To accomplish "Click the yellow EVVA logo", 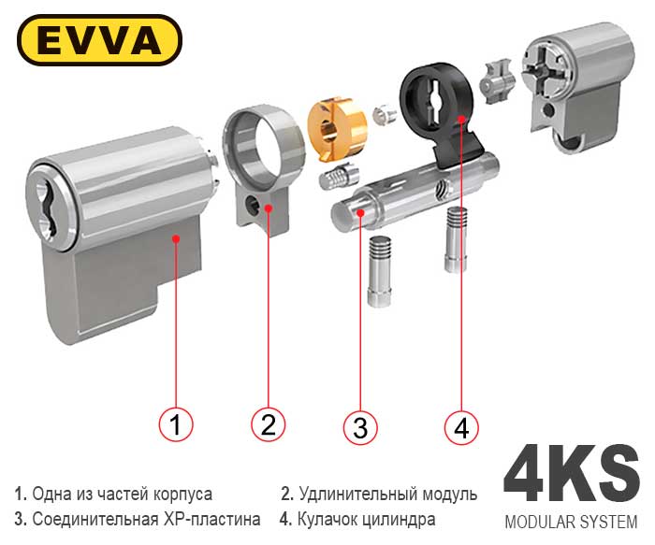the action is tap(99, 40).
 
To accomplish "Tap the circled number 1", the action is tap(176, 424).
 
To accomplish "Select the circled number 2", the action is tap(269, 424).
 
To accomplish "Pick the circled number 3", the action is tap(360, 426).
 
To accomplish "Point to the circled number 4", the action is tap(461, 426).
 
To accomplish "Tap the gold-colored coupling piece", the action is tap(337, 128).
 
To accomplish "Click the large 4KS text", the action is tap(572, 474).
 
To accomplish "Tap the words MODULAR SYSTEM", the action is tap(571, 522).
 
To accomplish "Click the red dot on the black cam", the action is tap(461, 119).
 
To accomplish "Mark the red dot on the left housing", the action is tap(176, 238).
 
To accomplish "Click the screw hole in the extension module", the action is tap(253, 205).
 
